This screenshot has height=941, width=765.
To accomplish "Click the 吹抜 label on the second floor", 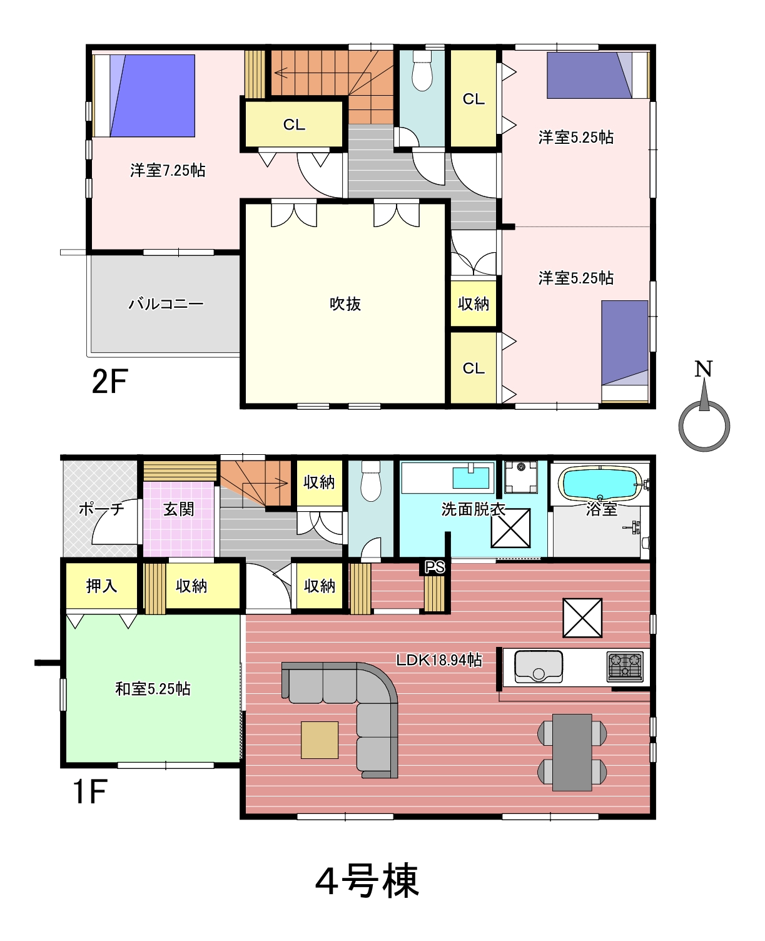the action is click(x=345, y=304).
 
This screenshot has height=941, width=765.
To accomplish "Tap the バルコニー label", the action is click(x=166, y=304).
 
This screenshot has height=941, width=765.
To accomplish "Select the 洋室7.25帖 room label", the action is click(x=168, y=170).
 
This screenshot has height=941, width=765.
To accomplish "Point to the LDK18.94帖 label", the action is click(x=438, y=660).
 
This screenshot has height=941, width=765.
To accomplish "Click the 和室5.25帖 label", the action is click(x=153, y=689).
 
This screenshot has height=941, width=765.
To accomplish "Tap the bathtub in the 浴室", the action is click(x=600, y=484).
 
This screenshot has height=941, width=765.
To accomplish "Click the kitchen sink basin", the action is click(x=539, y=667).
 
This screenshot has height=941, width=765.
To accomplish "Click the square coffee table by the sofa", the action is click(x=320, y=740).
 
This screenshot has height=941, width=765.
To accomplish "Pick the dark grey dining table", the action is click(x=572, y=752).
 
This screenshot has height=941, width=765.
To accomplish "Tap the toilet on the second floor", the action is click(x=422, y=71).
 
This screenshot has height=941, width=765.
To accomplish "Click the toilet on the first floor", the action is click(x=370, y=481).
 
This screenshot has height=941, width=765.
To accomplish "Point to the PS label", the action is click(x=434, y=567).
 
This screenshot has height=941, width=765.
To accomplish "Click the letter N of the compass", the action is click(x=703, y=369).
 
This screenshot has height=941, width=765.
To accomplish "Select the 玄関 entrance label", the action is click(x=178, y=509).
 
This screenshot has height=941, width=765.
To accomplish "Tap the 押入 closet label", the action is click(x=101, y=586).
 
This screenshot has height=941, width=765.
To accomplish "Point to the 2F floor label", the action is click(x=109, y=381).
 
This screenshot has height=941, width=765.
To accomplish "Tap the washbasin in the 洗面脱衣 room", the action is click(x=470, y=477).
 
